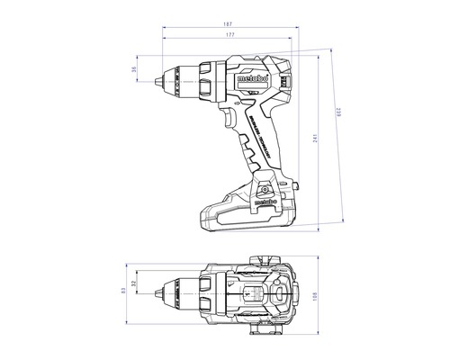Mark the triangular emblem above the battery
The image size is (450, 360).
(267, 188)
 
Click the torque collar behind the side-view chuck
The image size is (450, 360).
(207, 79)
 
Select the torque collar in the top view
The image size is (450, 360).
(206, 292)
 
